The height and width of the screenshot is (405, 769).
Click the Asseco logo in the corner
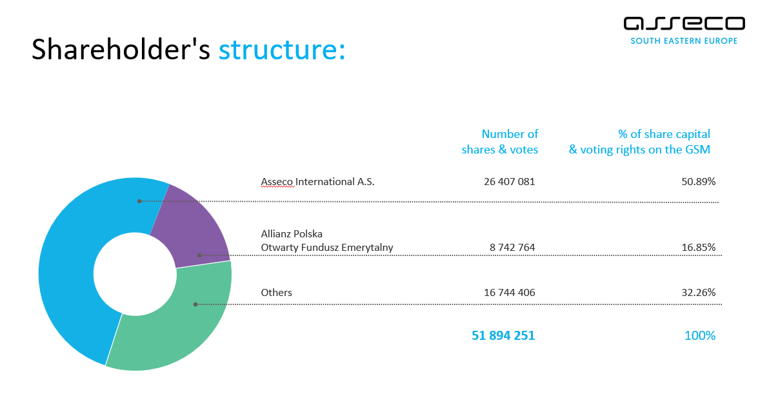click(684, 24)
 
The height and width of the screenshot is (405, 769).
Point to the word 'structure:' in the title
click(282, 50)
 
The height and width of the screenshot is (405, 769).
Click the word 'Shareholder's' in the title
click(121, 50)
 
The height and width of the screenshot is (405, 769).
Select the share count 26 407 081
click(509, 182)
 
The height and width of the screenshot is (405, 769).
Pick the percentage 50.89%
click(699, 182)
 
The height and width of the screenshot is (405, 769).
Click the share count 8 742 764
click(512, 248)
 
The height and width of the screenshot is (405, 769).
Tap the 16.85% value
click(699, 248)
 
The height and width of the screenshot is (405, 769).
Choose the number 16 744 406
click(509, 293)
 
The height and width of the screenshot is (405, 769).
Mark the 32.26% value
click(699, 293)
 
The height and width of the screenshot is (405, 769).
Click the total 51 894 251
click(503, 335)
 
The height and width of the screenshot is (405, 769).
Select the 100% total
click(700, 335)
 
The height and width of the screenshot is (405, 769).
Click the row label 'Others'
click(276, 293)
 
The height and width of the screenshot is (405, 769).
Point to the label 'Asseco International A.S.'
click(317, 182)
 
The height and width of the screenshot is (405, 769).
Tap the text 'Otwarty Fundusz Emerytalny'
click(327, 248)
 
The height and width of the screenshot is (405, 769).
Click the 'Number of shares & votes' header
click(500, 142)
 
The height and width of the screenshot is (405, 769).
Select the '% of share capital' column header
click(664, 134)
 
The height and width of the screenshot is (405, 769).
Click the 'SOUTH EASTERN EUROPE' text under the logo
click(684, 41)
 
